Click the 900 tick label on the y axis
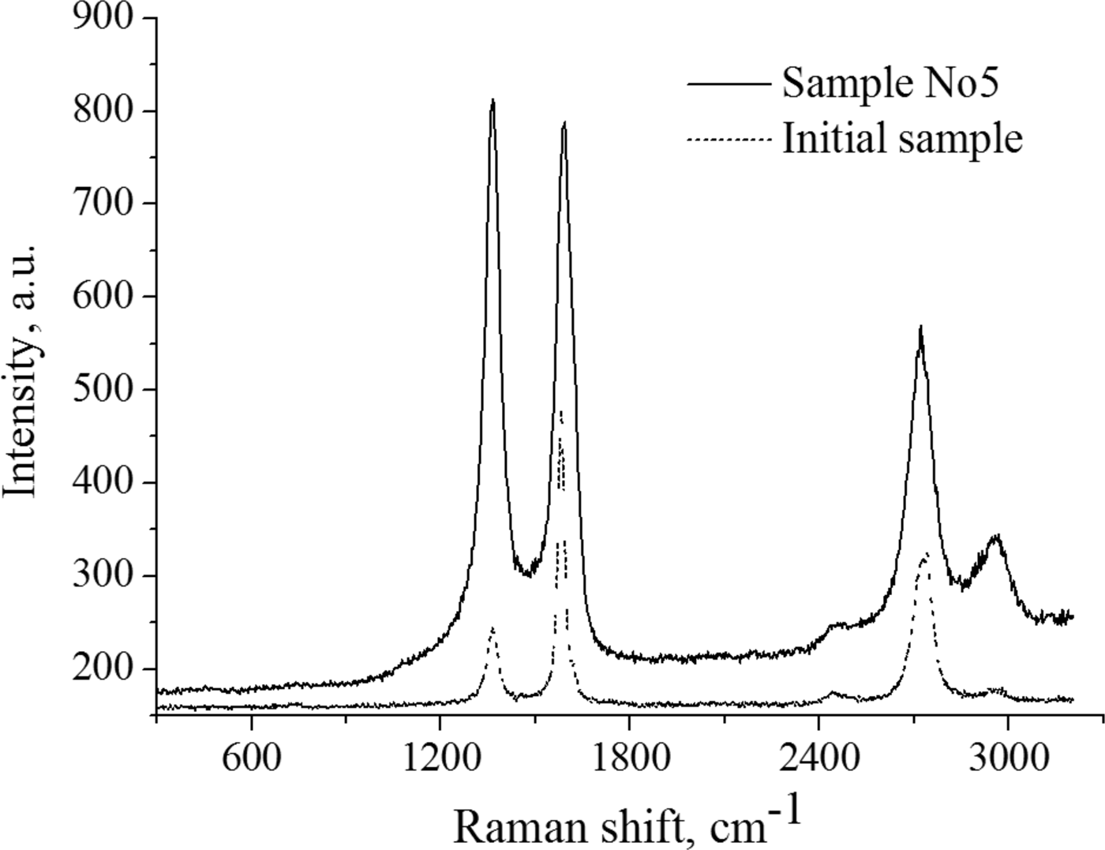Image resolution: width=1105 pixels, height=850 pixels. [103, 17]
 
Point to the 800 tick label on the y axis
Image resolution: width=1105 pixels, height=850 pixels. [103, 110]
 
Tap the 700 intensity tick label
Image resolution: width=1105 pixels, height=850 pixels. [103, 204]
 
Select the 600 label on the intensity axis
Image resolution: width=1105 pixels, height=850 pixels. [103, 297]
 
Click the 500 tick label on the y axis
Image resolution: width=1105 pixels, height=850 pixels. [103, 390]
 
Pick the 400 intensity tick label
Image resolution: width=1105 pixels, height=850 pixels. [103, 483]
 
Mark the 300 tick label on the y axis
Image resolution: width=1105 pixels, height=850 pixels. [103, 576]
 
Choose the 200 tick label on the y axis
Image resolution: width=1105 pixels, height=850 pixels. [103, 669]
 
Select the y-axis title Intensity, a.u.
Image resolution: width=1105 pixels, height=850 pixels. [22, 371]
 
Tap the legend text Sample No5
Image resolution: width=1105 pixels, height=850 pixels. [890, 83]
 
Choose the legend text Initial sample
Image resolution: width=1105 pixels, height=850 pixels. [902, 139]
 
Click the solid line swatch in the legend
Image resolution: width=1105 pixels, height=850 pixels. [728, 83]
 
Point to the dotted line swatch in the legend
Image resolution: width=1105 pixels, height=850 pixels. [728, 140]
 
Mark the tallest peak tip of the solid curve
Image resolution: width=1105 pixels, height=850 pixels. [493, 100]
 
